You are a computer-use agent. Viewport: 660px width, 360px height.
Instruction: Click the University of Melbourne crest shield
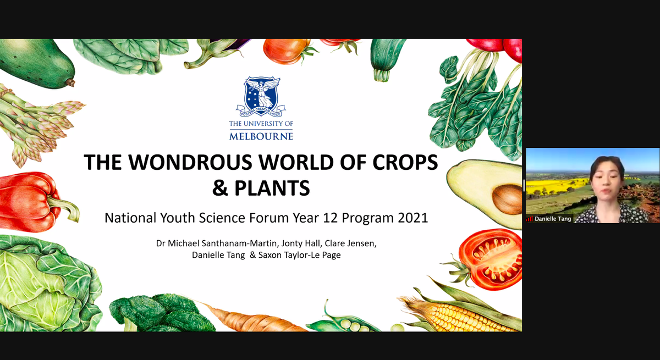261,93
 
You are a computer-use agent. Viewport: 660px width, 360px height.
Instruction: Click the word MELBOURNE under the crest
261,137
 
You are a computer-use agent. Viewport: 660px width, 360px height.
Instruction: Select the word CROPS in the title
405,162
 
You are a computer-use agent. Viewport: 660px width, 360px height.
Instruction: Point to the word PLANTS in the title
272,188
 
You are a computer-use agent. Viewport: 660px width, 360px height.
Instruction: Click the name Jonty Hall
300,243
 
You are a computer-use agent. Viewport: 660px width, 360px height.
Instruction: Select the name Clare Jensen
350,243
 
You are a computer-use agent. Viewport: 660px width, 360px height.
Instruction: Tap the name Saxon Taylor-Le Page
299,255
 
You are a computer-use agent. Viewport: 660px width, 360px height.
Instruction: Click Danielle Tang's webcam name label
553,219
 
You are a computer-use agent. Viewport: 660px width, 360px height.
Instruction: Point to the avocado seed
507,200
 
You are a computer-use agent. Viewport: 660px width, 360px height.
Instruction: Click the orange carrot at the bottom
250,319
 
